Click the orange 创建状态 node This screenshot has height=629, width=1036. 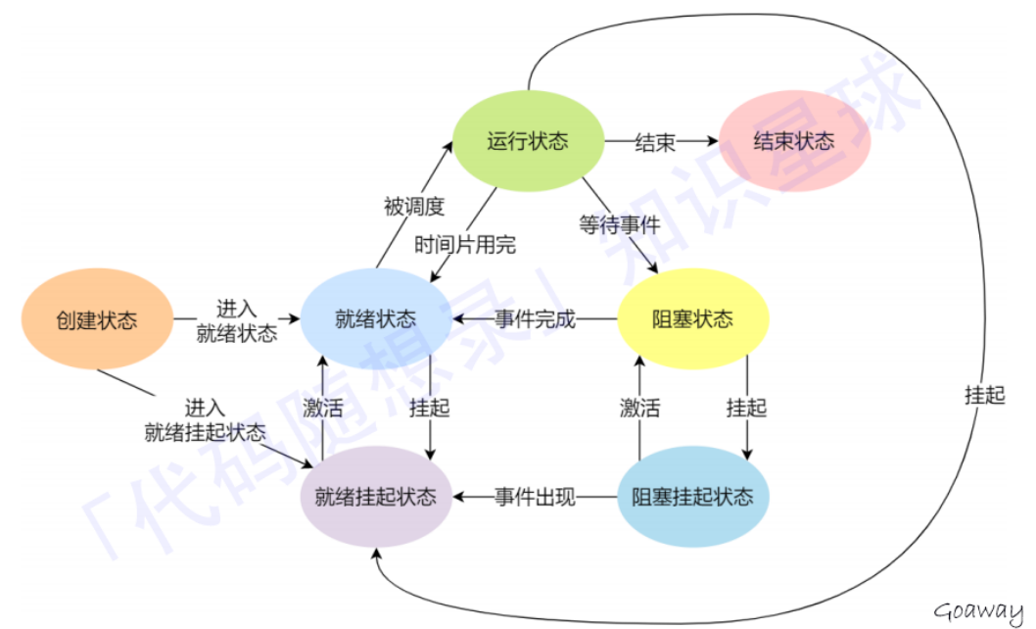(96, 319)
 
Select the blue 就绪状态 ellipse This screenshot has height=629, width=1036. (375, 319)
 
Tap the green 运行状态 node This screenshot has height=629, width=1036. (527, 141)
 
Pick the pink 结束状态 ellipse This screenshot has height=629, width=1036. (794, 141)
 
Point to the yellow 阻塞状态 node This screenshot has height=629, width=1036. (692, 319)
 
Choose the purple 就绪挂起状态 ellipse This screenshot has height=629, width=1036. (375, 497)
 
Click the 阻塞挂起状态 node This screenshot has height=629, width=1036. (692, 497)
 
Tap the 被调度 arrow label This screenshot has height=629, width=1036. (413, 207)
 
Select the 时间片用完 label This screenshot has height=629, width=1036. (465, 245)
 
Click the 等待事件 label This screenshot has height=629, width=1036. (618, 223)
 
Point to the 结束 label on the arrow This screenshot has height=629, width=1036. (655, 143)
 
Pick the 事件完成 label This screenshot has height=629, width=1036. (535, 320)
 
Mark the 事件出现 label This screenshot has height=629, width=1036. (535, 498)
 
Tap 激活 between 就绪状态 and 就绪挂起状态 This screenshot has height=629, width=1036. (322, 408)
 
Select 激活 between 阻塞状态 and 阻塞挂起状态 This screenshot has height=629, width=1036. (638, 408)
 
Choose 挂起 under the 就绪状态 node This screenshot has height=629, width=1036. (429, 408)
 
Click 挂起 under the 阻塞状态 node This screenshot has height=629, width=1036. (746, 408)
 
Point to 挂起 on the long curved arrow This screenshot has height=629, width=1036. (984, 397)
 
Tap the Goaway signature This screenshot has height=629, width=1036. (978, 611)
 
